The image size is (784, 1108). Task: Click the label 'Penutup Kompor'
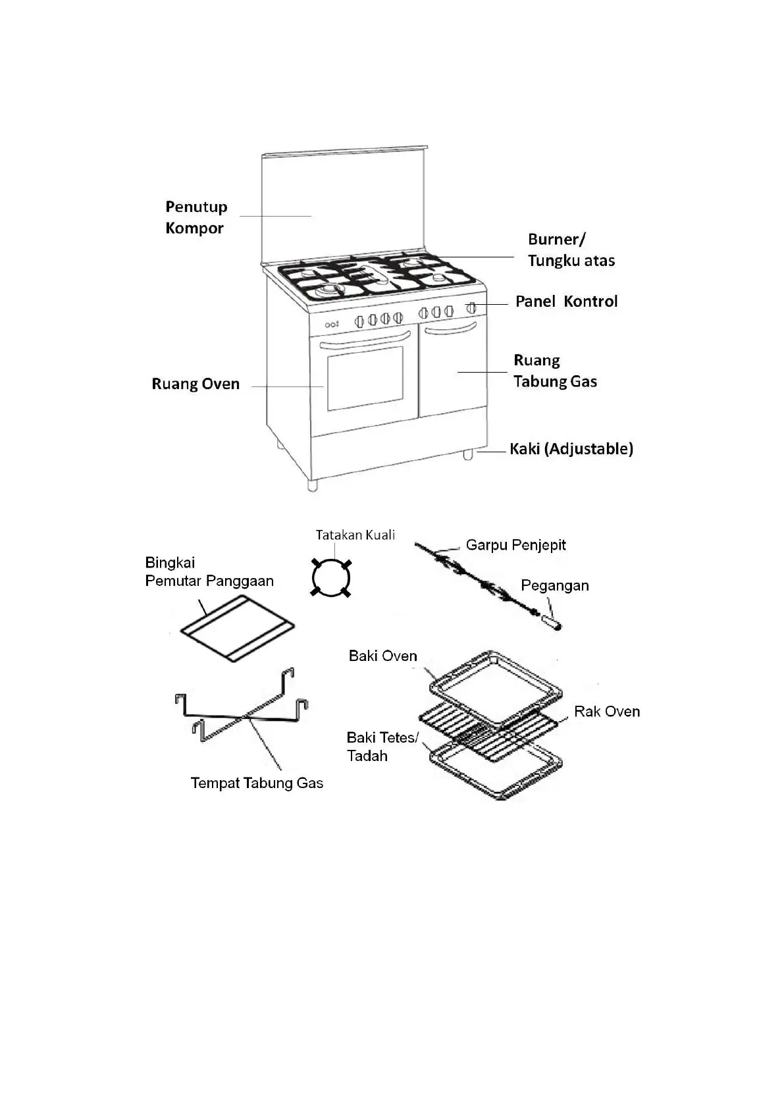pos(196,217)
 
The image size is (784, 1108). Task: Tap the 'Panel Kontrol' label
pos(566,302)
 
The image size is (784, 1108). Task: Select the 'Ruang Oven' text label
pos(196,384)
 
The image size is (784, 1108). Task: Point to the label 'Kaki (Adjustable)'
pos(571,449)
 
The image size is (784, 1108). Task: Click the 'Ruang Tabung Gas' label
pos(555,371)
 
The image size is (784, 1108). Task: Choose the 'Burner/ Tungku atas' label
pos(571,250)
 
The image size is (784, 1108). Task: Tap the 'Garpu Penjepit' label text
pos(515,545)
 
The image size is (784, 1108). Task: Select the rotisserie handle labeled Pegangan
pos(551,621)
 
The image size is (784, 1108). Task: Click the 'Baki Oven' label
pos(382,656)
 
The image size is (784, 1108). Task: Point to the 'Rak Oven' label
pos(606,711)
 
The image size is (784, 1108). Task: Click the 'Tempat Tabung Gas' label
pos(257,783)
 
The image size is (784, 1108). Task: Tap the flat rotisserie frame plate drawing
pos(237,629)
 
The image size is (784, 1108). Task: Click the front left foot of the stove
pos(313,485)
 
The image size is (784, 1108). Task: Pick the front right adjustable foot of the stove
pos(467,454)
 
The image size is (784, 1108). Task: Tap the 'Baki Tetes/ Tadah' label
pos(382,747)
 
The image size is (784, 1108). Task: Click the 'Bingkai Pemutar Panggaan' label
pos(209,571)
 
